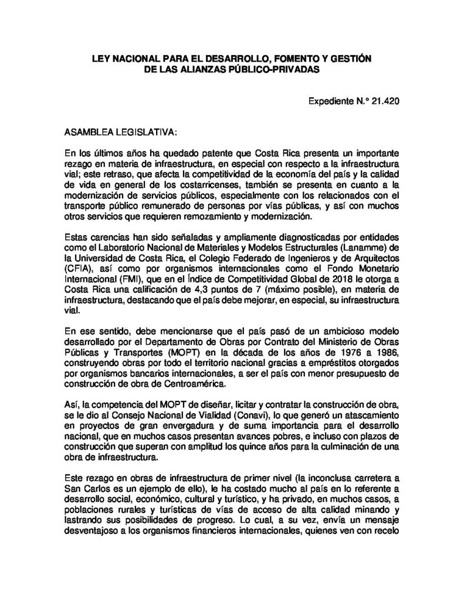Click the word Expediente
pyautogui.click(x=331, y=100)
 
